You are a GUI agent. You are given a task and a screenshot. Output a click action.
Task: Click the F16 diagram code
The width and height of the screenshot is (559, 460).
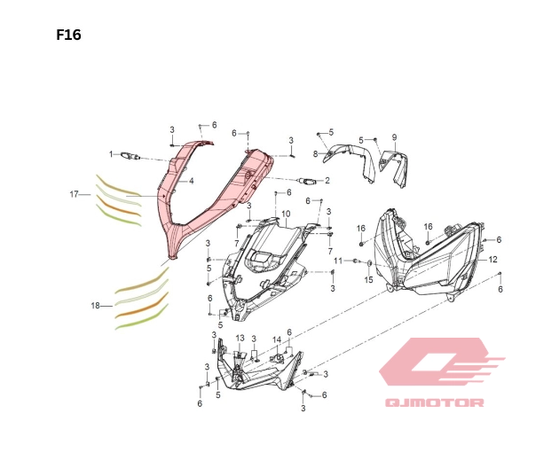tap(68, 35)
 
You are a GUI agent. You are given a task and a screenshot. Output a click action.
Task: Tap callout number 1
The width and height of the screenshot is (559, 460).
tap(112, 154)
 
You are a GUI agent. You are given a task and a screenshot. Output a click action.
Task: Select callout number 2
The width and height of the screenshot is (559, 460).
tap(327, 181)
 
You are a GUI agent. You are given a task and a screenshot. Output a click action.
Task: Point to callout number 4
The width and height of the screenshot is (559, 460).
tap(192, 181)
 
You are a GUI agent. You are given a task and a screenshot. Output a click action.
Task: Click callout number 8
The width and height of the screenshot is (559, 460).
tap(314, 153)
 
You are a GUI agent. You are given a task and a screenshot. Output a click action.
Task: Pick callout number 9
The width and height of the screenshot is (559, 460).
tap(394, 137)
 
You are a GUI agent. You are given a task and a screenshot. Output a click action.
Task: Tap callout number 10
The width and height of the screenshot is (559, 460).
tap(286, 214)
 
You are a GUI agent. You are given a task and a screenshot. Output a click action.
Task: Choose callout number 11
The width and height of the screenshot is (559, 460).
tap(337, 261)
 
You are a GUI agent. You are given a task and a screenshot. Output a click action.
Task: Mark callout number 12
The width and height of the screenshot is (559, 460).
tap(493, 260)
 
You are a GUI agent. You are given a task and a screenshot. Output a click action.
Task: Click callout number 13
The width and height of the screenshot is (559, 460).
tap(240, 338)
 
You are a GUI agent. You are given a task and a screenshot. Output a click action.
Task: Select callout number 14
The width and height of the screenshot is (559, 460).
tap(277, 339)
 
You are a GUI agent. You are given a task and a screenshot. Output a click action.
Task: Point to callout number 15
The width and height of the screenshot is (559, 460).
tap(369, 279)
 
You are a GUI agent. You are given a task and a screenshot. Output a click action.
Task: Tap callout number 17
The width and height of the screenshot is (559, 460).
tap(75, 193)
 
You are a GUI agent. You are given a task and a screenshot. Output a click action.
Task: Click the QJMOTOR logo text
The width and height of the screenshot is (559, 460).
tap(434, 404)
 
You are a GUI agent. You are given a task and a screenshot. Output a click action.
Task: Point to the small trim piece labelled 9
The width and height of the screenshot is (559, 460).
tap(397, 166)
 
